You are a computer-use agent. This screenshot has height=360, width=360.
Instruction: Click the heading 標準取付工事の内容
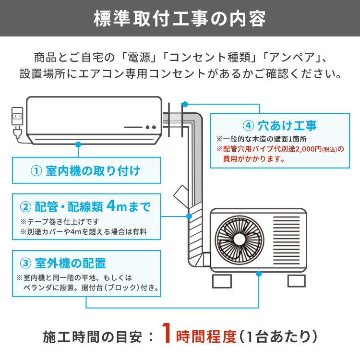pyautogui.click(x=180, y=19)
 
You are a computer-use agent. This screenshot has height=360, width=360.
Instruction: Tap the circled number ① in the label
pyautogui.click(x=37, y=171)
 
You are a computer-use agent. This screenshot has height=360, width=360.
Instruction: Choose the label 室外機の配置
pyautogui.click(x=70, y=264)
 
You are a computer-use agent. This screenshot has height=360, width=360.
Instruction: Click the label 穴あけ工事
pyautogui.click(x=286, y=126)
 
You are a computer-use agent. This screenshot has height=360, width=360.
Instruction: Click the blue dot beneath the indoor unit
pyautogui.click(x=77, y=143)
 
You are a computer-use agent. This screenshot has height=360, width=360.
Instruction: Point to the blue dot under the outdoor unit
pyautogui.click(x=259, y=274)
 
